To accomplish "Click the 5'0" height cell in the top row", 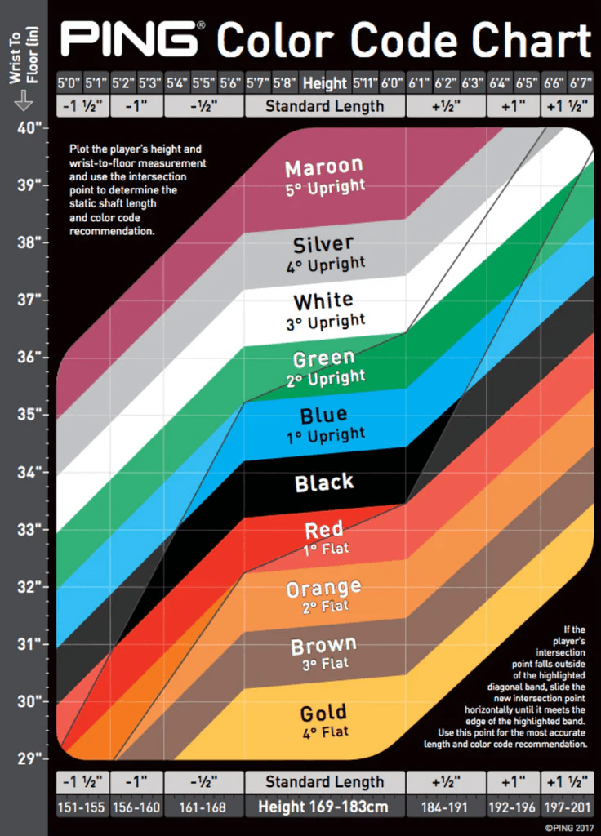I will pos(69,83).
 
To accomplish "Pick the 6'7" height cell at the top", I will pos(581,83).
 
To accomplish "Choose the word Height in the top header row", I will pos(324,83).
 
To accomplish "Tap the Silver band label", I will pos(324,244).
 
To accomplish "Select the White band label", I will pos(324,301).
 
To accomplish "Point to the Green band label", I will pos(324,358).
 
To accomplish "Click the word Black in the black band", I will pos(324,482).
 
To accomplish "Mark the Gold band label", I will pos(324,713).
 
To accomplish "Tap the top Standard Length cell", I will pos(324,106).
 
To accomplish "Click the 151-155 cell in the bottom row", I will pos(82,807).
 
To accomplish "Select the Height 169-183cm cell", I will pos(324,807).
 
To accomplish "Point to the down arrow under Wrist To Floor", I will pos(23,100).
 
